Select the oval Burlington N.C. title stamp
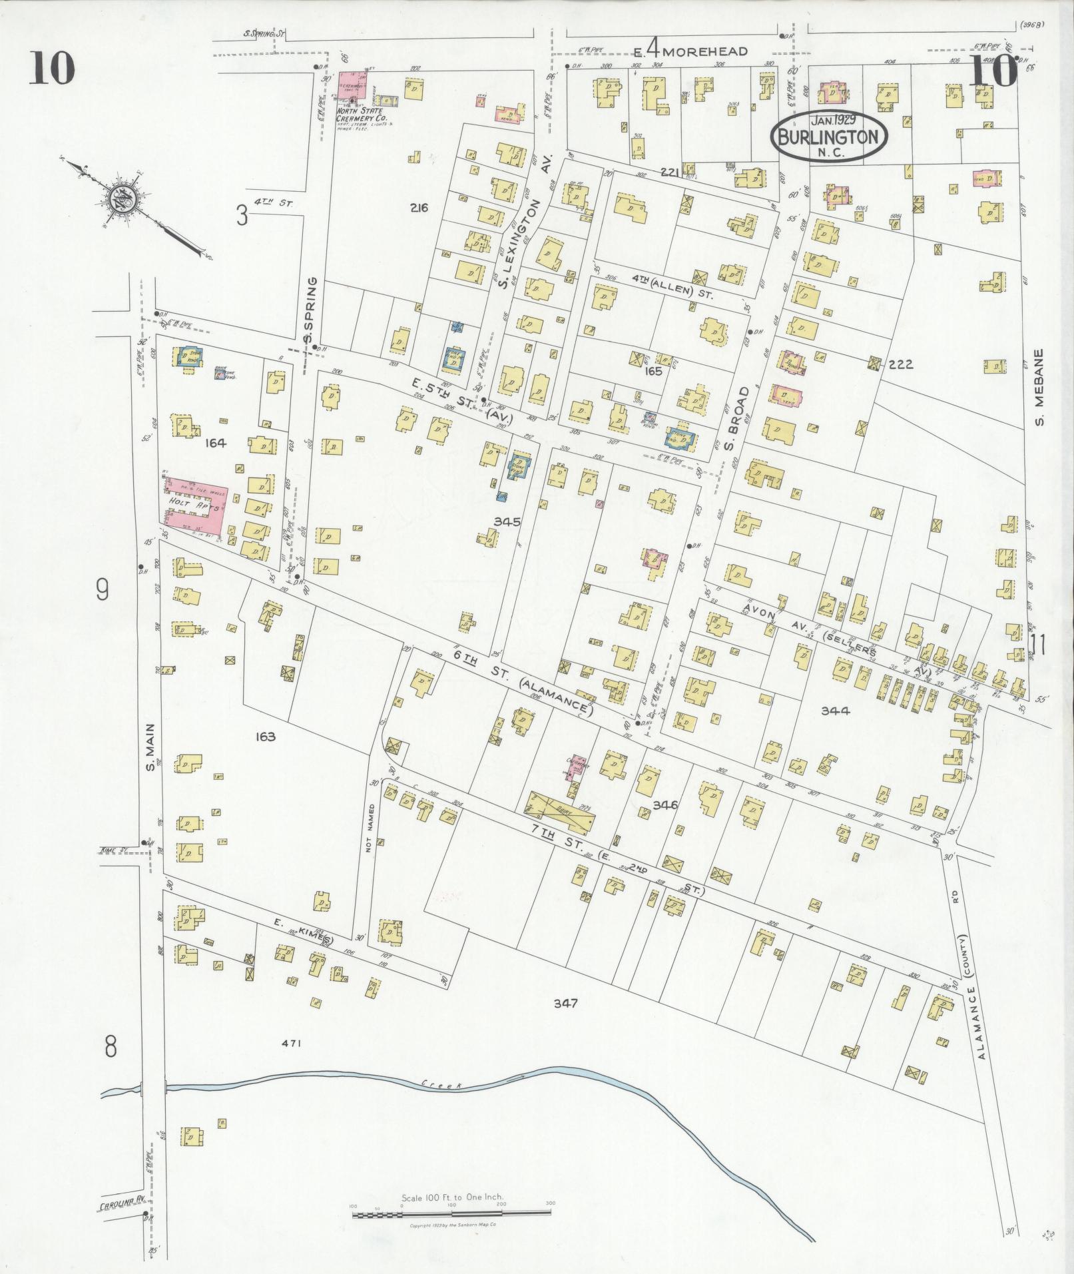(830, 137)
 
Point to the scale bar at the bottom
(451, 1215)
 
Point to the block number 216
(419, 208)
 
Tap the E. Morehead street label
(689, 51)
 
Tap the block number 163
(265, 737)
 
